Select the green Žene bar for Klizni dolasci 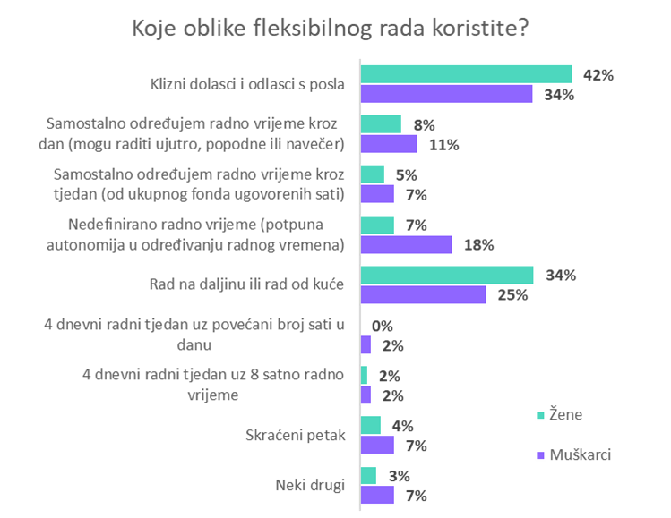(466, 74)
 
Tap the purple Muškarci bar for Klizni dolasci (446, 95)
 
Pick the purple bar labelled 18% (406, 244)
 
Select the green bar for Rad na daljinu (447, 275)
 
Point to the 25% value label (512, 295)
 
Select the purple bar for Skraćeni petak (377, 446)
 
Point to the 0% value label (383, 326)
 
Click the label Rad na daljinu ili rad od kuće (246, 284)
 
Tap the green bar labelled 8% (381, 124)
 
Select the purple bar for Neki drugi (377, 496)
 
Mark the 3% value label (399, 475)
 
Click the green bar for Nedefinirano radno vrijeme (377, 224)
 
